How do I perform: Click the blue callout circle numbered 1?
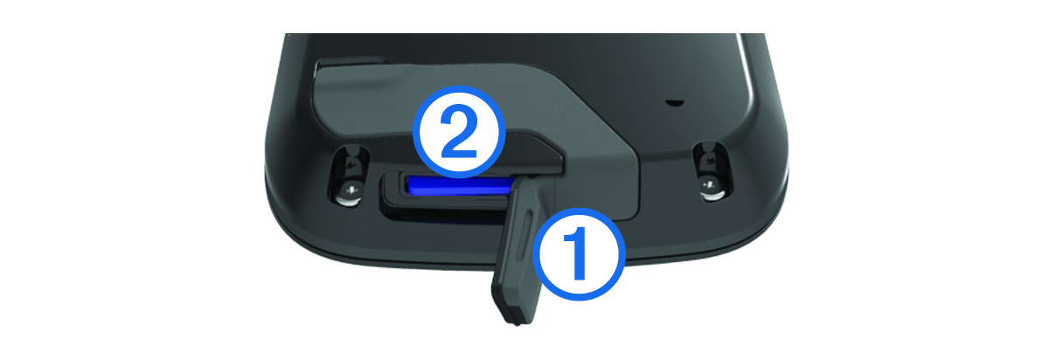582,254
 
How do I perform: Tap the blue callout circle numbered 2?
460,131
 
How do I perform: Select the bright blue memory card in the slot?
459,185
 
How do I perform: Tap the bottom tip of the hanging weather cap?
515,323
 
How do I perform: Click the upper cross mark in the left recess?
351,164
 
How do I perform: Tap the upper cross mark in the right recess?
710,162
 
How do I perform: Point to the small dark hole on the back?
674,102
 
